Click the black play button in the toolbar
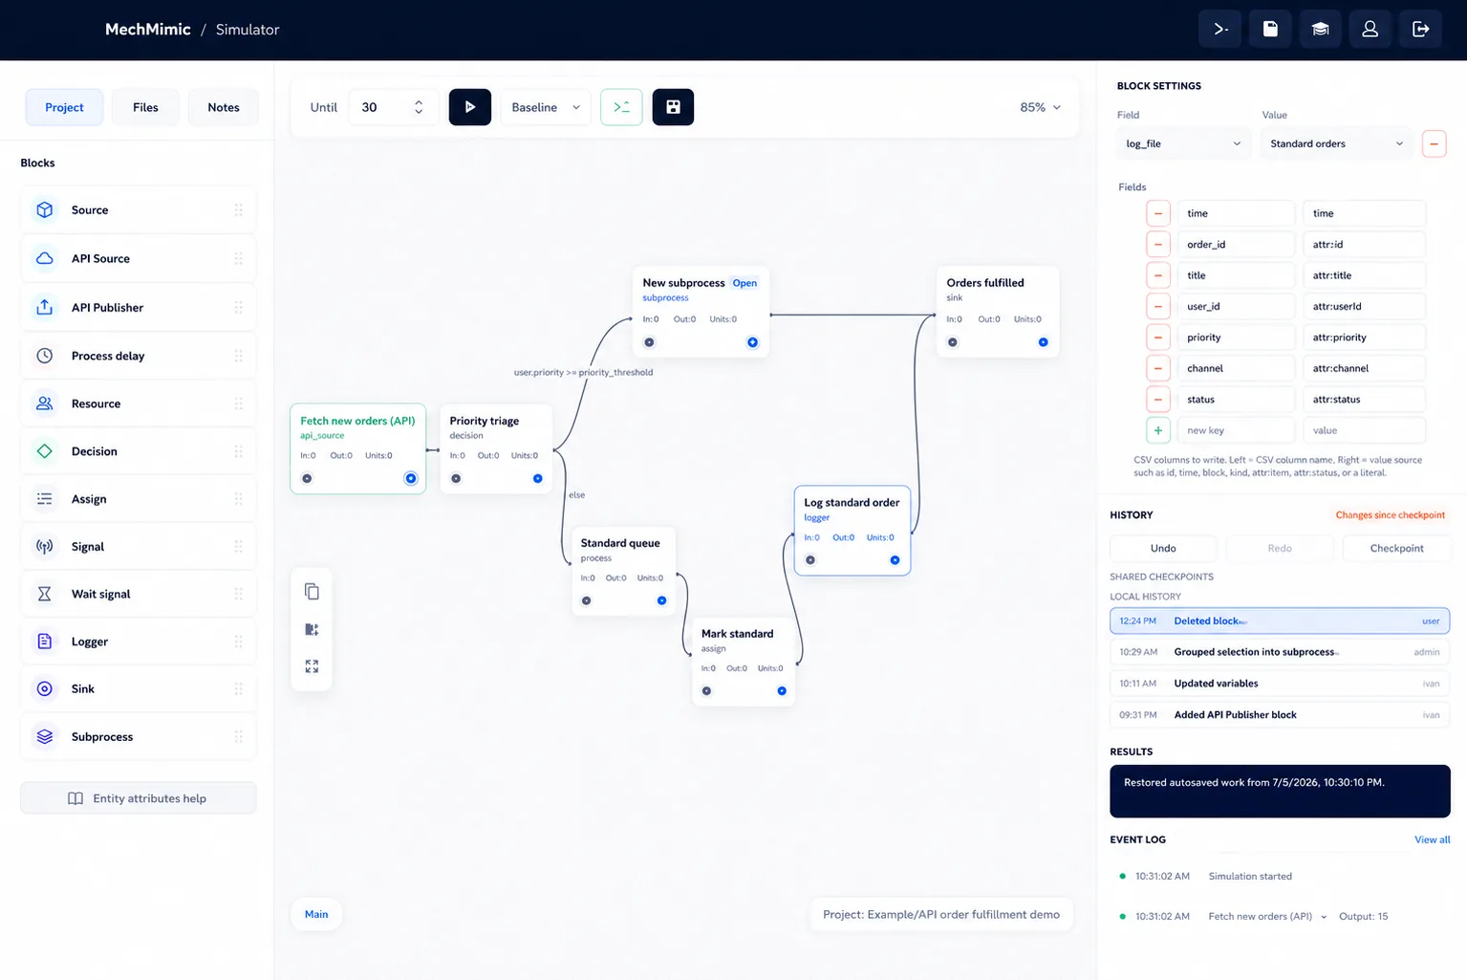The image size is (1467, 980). click(x=469, y=107)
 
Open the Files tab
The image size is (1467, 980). click(x=145, y=107)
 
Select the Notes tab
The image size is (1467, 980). click(x=224, y=107)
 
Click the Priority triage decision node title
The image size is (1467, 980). click(x=484, y=421)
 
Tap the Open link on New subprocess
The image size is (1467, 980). click(x=744, y=283)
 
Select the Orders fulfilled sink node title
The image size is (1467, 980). click(x=985, y=282)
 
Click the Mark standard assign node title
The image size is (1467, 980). click(x=738, y=634)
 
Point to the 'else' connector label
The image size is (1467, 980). click(x=577, y=494)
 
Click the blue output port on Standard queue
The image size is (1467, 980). click(x=661, y=600)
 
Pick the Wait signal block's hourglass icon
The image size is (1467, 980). click(x=45, y=594)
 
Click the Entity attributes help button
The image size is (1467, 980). click(x=139, y=798)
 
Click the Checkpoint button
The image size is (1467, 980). click(x=1396, y=548)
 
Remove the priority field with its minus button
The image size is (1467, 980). click(x=1158, y=338)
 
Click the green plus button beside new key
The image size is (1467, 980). click(x=1158, y=430)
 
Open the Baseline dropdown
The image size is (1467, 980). click(x=546, y=107)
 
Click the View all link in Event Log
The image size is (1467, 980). click(x=1432, y=839)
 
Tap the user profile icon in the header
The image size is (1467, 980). click(x=1370, y=29)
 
